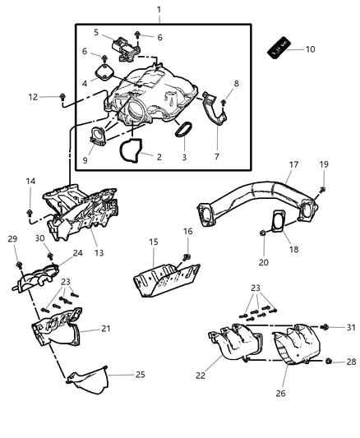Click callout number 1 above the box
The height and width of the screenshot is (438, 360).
[159, 9]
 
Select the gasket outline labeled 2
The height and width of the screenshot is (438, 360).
[130, 150]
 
